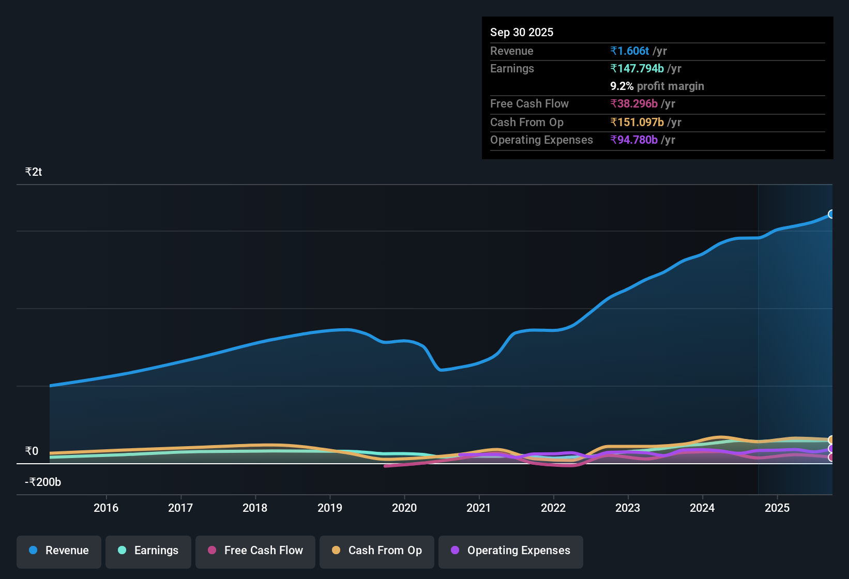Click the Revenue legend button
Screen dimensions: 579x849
[59, 551]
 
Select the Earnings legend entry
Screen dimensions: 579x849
[148, 551]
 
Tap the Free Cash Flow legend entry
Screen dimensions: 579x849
[255, 551]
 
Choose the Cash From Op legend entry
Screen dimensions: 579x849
[377, 551]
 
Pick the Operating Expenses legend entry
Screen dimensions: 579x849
[511, 551]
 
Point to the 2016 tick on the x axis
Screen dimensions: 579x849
[106, 508]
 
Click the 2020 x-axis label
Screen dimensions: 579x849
[404, 508]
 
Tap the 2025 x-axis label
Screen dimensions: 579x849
[777, 508]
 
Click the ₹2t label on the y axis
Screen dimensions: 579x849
[34, 172]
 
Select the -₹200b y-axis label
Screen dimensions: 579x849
[43, 482]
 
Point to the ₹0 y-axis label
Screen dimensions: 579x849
[32, 451]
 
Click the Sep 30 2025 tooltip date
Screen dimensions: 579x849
[522, 32]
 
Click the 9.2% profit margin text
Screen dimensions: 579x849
[657, 86]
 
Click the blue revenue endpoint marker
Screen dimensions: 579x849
[831, 214]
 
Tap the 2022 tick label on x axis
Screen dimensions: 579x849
[553, 508]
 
